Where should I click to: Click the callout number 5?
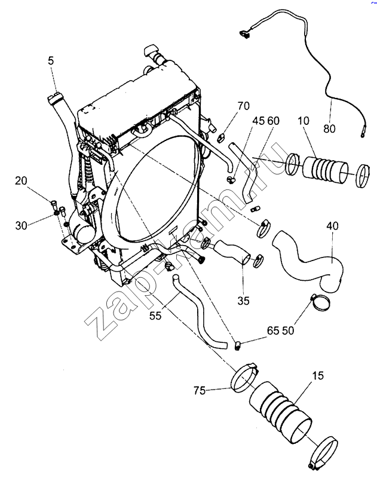(51, 61)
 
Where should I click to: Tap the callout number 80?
(329, 128)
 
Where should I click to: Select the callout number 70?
(244, 106)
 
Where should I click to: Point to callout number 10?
(304, 121)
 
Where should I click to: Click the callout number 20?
(21, 181)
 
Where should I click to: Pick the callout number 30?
(22, 226)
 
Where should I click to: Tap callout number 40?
(332, 226)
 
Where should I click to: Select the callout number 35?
(244, 301)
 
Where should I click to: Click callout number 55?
(155, 315)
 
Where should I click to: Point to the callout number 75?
(200, 391)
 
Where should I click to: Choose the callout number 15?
(318, 376)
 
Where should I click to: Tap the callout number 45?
(259, 121)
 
